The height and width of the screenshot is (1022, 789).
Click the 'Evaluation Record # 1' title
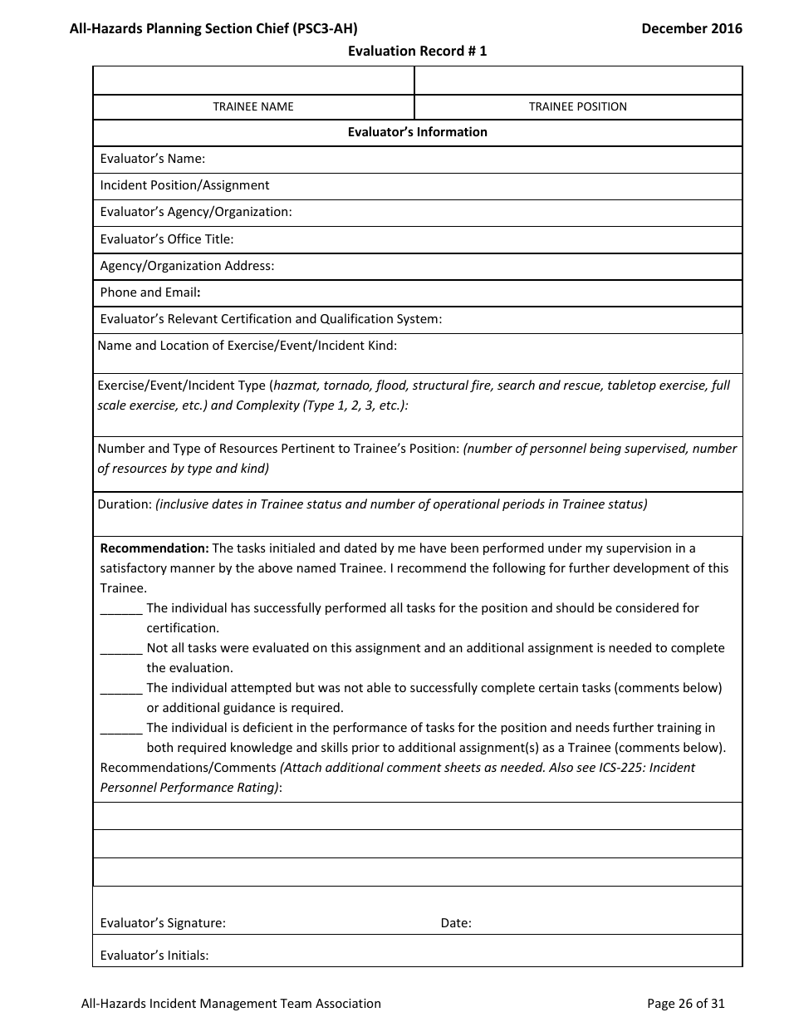coord(417,51)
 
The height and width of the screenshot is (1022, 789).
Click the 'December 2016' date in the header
coord(692,28)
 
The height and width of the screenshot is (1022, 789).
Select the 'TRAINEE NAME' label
coord(253,106)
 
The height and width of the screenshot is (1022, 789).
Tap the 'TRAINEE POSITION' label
coord(578,106)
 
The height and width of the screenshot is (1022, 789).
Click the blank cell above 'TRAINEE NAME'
coord(253,81)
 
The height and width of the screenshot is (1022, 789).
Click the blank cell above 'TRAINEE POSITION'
coord(578,81)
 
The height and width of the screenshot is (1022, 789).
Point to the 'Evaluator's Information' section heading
coord(417,132)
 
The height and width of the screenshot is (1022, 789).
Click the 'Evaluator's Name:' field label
coord(152,159)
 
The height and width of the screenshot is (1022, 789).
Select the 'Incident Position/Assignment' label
coord(184,185)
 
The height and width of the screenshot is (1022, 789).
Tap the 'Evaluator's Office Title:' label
coord(166,239)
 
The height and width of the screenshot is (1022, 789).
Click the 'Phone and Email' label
coord(150,292)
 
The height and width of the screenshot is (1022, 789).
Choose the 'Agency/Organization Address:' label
coord(187,266)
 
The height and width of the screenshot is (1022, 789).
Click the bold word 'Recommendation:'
coord(154,548)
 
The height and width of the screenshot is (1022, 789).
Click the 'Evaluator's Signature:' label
coord(163,922)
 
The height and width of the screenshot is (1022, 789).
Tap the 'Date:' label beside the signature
coord(456,922)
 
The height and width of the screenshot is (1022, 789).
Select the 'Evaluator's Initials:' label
coord(154,956)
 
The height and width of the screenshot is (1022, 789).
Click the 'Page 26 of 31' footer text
coord(685,1004)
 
